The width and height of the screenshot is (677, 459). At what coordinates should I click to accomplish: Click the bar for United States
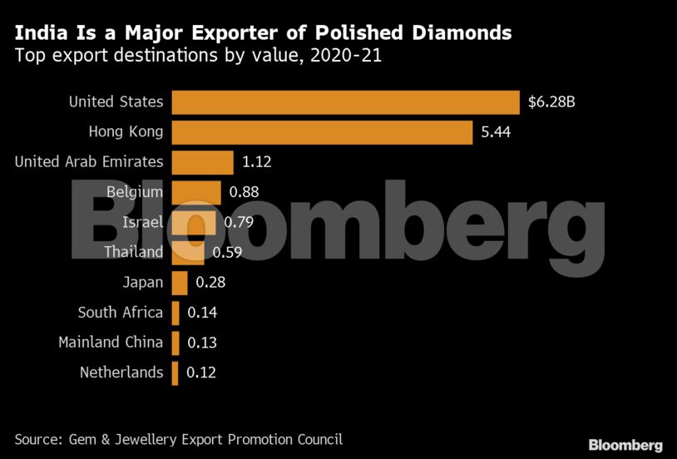(x=345, y=102)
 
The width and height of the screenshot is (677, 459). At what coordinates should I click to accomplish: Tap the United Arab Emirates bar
(x=202, y=161)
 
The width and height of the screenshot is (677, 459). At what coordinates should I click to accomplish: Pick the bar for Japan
(x=179, y=283)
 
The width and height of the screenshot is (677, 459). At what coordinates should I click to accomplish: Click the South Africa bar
(x=175, y=313)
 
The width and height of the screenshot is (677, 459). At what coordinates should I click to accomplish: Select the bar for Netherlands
(x=175, y=373)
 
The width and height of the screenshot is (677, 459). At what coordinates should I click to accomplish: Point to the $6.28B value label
(x=551, y=102)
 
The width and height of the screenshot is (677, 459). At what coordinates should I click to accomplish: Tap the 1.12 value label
(x=256, y=161)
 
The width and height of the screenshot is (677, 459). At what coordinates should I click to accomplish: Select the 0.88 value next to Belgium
(x=244, y=192)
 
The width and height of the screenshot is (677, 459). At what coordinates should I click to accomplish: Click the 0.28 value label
(x=210, y=283)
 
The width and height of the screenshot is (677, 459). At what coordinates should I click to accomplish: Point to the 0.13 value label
(x=202, y=343)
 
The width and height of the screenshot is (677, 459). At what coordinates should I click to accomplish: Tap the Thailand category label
(x=133, y=252)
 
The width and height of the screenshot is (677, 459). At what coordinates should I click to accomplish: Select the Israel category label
(x=142, y=222)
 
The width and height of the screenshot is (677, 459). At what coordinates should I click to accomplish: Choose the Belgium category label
(x=135, y=192)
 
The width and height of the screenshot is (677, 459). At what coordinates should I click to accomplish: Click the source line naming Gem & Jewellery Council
(x=178, y=439)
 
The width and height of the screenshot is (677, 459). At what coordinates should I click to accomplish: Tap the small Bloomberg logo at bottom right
(x=625, y=445)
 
